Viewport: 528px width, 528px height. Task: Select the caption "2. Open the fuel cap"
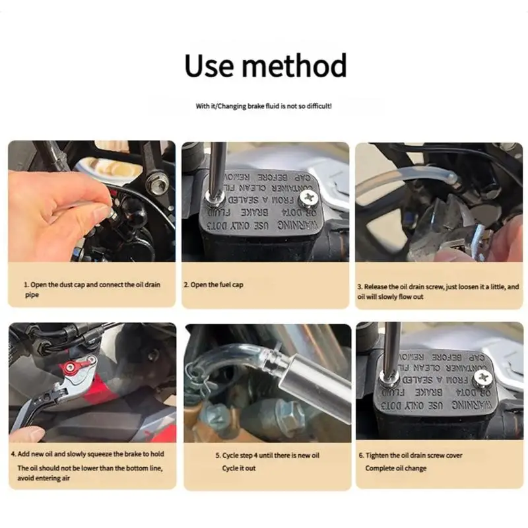[213, 284]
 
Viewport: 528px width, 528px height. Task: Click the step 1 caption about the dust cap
[92, 289]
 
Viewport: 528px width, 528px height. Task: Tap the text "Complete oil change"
[396, 468]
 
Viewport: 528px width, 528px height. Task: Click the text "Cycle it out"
[238, 468]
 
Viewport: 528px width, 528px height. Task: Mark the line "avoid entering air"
[44, 479]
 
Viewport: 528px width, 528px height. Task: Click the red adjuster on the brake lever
[75, 365]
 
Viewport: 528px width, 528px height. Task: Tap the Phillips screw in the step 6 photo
[482, 377]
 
